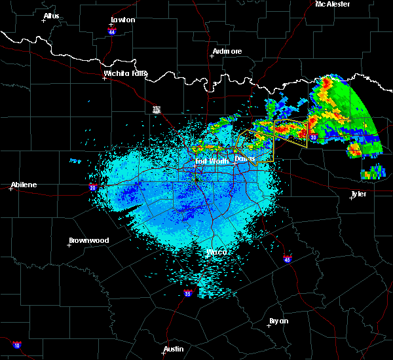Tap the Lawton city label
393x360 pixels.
(x=124, y=20)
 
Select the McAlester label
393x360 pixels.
(x=333, y=4)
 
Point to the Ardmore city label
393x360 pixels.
(x=227, y=51)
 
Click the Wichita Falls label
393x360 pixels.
(x=125, y=74)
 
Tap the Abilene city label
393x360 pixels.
(x=23, y=185)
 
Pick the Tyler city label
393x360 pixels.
(x=358, y=194)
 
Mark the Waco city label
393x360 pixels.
(x=216, y=251)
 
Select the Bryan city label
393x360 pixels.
(x=278, y=321)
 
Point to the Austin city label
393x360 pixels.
(x=174, y=349)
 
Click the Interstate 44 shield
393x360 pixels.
(x=112, y=31)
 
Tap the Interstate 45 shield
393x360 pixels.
(x=288, y=260)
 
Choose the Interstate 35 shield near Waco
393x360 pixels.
(x=188, y=293)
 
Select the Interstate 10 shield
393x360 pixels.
(x=16, y=345)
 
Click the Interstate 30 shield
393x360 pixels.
(x=314, y=137)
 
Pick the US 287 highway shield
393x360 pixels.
(x=157, y=109)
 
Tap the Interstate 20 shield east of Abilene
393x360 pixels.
(x=92, y=187)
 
